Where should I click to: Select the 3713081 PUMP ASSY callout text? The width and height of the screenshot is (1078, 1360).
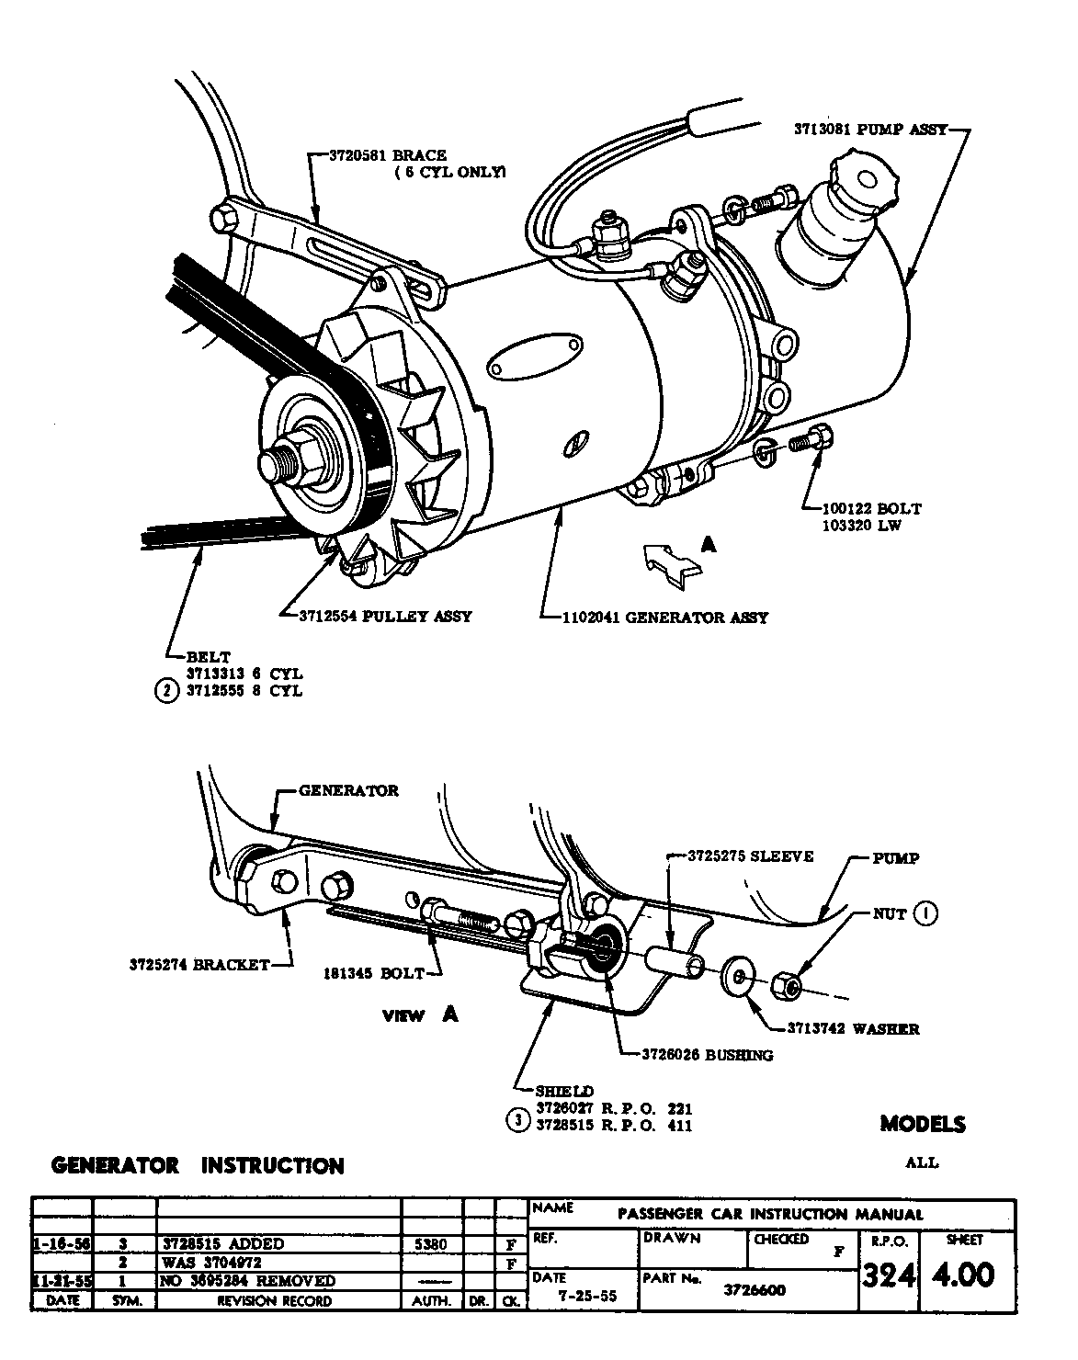(870, 130)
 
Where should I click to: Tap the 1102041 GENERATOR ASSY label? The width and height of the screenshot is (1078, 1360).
(664, 618)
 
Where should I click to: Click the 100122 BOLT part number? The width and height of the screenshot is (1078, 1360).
(863, 508)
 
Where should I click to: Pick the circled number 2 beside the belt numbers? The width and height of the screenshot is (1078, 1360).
(165, 691)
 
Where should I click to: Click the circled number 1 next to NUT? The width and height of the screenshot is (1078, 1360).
(926, 913)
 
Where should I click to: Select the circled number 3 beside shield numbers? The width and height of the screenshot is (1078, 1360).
(517, 1120)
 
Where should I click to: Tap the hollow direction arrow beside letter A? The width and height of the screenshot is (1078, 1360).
(670, 561)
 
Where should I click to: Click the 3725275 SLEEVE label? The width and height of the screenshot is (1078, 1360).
(751, 856)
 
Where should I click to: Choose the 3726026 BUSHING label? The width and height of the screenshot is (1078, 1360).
(707, 1055)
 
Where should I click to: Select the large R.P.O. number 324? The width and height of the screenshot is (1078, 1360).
(887, 1278)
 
